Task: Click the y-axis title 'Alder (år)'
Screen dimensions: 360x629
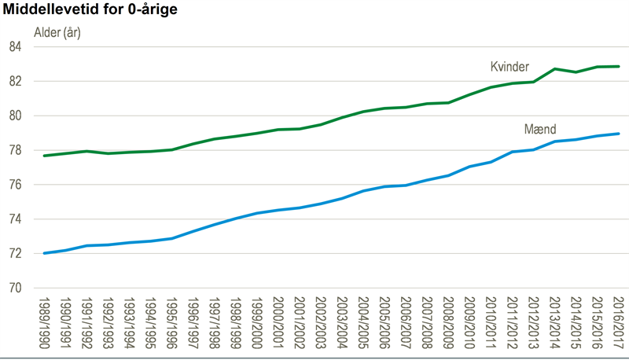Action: (x=57, y=33)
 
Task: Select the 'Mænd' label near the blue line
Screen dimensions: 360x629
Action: (x=539, y=128)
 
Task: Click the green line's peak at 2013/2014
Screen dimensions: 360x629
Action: (x=555, y=69)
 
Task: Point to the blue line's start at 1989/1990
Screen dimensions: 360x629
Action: (x=45, y=253)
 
